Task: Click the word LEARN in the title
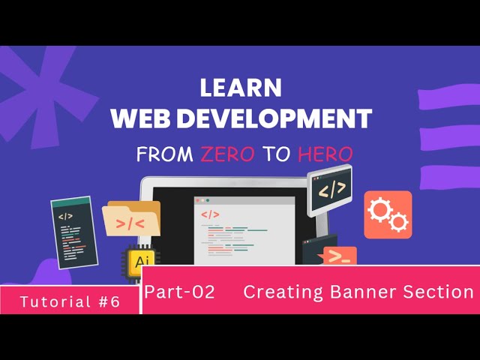tap(241, 88)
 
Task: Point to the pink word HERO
tap(325, 154)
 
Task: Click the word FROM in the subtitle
tap(165, 154)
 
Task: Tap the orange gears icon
tap(388, 214)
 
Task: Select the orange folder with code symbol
tap(132, 220)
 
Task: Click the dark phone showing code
tap(74, 232)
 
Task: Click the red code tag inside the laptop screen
tap(211, 214)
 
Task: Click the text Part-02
tap(180, 292)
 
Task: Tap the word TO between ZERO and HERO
tap(277, 154)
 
